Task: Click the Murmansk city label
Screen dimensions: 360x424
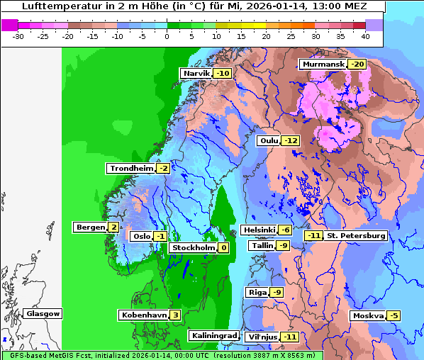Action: (x=323, y=64)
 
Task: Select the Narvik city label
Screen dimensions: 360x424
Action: (x=196, y=73)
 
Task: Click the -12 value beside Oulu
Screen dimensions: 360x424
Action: (x=291, y=140)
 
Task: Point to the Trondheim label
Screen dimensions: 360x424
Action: (x=130, y=168)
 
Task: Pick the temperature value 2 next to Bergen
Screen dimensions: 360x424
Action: (x=113, y=227)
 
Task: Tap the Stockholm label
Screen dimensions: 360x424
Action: (x=192, y=248)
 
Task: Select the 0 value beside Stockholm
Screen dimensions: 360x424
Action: (x=223, y=248)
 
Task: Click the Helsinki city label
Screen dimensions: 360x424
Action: (x=259, y=230)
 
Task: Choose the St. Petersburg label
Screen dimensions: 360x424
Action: (x=356, y=235)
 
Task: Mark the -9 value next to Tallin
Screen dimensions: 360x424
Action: (x=284, y=245)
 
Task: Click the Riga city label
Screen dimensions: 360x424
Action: (x=257, y=292)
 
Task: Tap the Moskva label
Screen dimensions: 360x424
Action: (x=367, y=315)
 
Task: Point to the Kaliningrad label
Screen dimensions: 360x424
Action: (x=213, y=335)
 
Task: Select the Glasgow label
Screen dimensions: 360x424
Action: (x=43, y=313)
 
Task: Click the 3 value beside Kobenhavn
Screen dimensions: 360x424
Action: (x=175, y=315)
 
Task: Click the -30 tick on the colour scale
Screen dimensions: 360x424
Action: (x=18, y=35)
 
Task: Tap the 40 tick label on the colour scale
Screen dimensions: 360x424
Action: (x=364, y=35)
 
